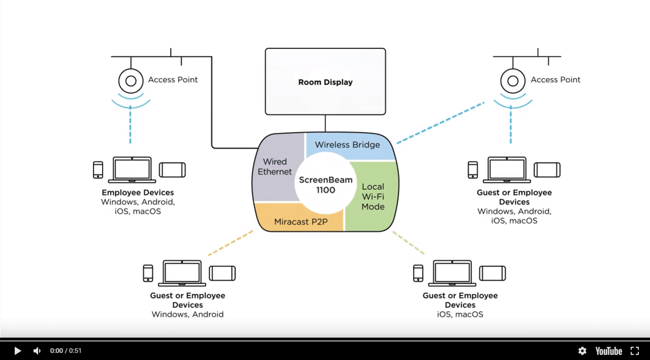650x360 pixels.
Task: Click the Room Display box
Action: (x=325, y=82)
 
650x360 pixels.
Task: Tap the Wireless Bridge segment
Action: (x=347, y=145)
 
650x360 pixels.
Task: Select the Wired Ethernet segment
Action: (x=274, y=167)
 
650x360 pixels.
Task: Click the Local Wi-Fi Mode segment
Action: (x=373, y=197)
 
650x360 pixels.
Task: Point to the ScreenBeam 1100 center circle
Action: (x=325, y=185)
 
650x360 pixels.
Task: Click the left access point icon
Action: (x=131, y=80)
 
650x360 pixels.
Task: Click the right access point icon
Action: (x=512, y=80)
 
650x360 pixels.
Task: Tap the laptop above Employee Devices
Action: (x=132, y=170)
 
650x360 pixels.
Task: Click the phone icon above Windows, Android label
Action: (x=148, y=273)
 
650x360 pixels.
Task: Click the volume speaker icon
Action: (x=37, y=351)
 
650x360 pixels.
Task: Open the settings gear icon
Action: (x=582, y=351)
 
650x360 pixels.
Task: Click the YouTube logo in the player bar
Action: (x=608, y=351)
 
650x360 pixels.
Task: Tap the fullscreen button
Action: (x=635, y=351)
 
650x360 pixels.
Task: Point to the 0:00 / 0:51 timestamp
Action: (x=66, y=351)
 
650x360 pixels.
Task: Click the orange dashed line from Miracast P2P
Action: (x=230, y=243)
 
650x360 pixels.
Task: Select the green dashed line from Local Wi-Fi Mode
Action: (x=408, y=243)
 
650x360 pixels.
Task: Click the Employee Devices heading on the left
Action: (x=138, y=192)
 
